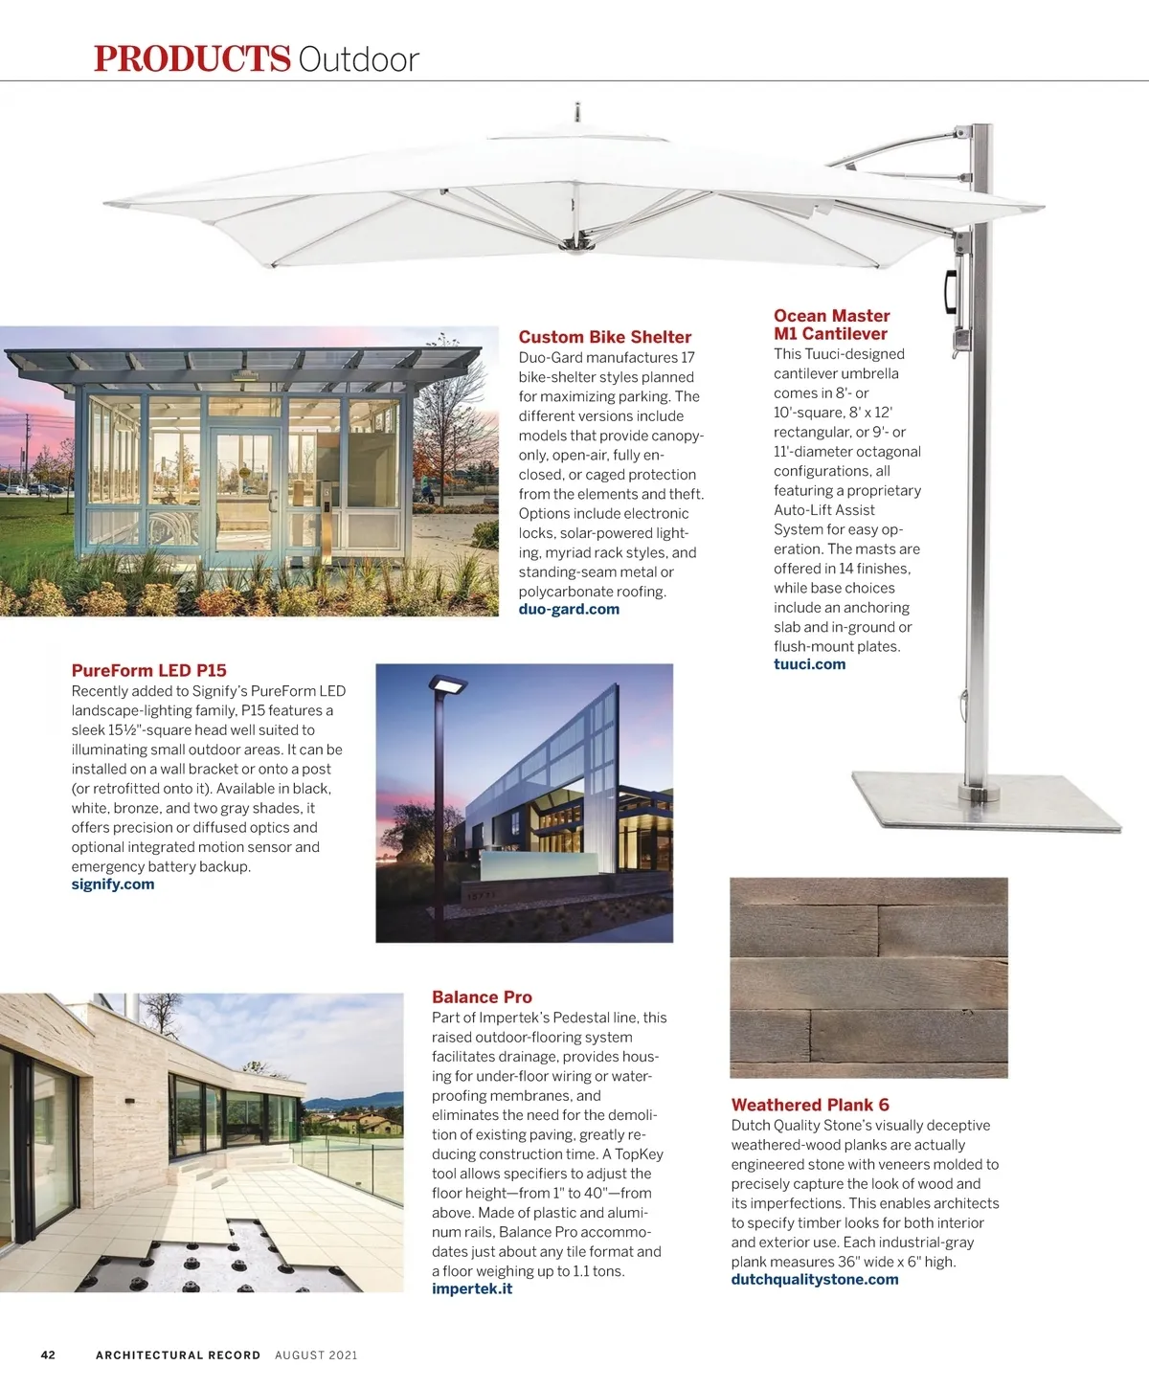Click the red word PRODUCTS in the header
point(191,58)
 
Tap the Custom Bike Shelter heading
point(604,337)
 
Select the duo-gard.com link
point(569,610)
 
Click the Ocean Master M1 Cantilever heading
point(831,325)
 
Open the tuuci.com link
point(809,664)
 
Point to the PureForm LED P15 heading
point(148,671)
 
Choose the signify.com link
point(112,884)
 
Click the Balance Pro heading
point(482,997)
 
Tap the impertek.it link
point(471,1289)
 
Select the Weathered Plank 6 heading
point(810,1105)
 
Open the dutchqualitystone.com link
point(814,1280)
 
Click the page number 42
point(48,1355)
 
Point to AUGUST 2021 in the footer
point(316,1355)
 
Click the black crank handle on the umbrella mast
point(951,290)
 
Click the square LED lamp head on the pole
point(448,685)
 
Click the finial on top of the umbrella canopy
point(577,110)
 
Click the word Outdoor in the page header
point(358,59)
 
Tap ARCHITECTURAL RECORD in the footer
point(178,1355)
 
